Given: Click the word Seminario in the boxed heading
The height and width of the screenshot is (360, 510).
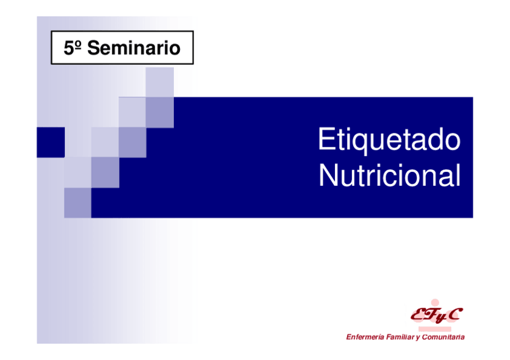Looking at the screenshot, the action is click(134, 48).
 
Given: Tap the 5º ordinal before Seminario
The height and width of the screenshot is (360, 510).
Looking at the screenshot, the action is click(72, 48).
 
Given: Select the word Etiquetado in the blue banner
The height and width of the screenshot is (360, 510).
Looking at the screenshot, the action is click(389, 139).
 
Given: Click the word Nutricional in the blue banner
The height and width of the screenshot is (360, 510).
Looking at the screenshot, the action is click(389, 175).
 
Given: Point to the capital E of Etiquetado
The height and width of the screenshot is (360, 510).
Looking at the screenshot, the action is click(326, 139).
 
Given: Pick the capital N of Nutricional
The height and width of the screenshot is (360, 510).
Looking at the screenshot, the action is click(328, 175).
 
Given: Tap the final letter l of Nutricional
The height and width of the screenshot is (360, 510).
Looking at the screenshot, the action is click(459, 175).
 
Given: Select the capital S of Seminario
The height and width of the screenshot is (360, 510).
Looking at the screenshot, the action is click(94, 48).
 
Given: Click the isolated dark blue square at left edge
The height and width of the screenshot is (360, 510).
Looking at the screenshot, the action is click(51, 142).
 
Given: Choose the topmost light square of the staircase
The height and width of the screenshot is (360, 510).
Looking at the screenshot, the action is click(159, 82).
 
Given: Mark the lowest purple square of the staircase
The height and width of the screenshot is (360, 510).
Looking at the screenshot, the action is click(78, 203).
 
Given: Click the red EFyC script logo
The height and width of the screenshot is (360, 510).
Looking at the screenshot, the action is click(437, 315).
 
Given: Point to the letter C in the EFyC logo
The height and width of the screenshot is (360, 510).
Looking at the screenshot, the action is click(454, 314).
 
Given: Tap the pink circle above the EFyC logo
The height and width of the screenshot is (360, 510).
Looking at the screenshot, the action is click(435, 303).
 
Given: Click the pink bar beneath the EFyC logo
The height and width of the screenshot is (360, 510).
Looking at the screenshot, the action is click(435, 329).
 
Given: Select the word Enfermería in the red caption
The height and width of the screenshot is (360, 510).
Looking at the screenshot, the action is click(365, 337).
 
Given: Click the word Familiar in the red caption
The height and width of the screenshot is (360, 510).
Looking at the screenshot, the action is click(401, 337).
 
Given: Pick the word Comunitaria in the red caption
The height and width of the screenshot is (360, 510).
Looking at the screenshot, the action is click(443, 337).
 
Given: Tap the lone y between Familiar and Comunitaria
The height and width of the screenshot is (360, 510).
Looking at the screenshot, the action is click(417, 338).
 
